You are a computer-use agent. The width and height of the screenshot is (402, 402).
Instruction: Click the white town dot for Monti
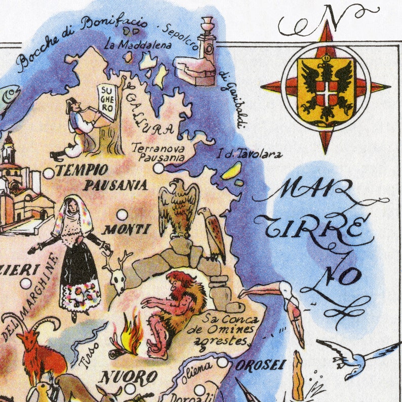click(122, 215)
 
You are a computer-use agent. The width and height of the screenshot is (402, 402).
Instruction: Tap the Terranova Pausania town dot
click(159, 168)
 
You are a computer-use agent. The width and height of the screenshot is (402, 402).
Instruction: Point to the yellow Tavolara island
click(230, 171)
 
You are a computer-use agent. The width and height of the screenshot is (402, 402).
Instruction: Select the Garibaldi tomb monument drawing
click(198, 58)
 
